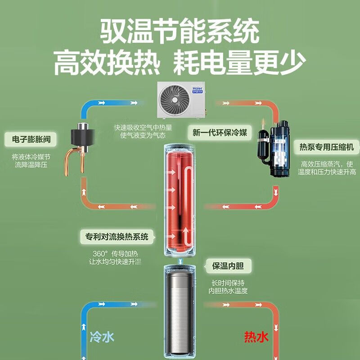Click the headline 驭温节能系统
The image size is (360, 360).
click(x=180, y=31)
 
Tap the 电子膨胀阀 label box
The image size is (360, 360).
click(x=31, y=139)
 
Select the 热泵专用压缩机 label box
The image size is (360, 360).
click(x=327, y=147)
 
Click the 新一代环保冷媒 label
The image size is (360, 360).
click(x=220, y=132)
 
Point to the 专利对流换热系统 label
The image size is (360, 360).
click(x=117, y=237)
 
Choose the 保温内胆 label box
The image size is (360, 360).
click(x=228, y=266)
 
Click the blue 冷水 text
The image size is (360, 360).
click(x=102, y=337)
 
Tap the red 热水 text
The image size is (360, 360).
click(x=256, y=337)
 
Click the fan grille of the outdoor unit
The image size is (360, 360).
click(x=175, y=99)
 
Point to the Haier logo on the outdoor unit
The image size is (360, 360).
click(x=198, y=90)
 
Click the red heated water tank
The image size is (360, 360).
click(x=180, y=200)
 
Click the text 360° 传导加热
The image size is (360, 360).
click(x=115, y=254)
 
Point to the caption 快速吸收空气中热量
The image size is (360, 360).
click(x=143, y=127)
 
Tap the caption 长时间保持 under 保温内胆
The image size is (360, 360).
click(x=228, y=283)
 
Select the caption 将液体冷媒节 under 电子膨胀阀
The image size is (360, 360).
click(x=31, y=157)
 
